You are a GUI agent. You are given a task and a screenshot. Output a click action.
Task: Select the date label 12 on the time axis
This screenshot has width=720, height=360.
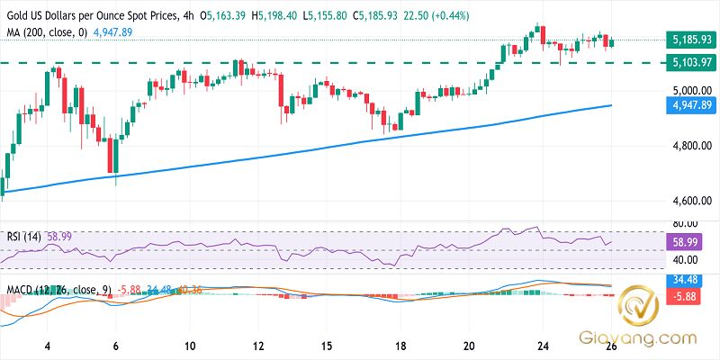(257, 346)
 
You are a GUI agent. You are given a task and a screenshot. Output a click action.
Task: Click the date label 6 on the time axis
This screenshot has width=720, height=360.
(116, 346)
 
